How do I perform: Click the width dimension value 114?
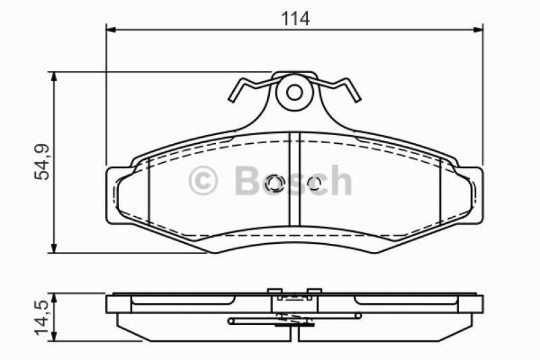pos(295,18)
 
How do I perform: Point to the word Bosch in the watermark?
pos(292,181)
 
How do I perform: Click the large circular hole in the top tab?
pos(294,92)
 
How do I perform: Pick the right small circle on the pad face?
pos(315,183)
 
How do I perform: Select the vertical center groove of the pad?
pos(294,179)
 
